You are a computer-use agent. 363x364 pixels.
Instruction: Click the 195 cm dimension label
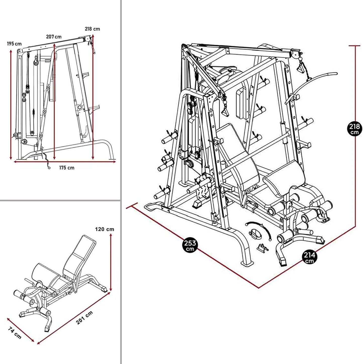pos(14,44)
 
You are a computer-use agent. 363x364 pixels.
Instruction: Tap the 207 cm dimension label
pos(54,37)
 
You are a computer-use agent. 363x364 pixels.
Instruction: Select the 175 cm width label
pos(67,168)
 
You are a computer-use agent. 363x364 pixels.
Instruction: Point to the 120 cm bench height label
pos(105,229)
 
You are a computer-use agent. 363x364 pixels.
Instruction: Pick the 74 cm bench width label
pos(15,332)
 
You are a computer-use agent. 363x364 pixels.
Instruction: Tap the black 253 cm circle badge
pos(190,245)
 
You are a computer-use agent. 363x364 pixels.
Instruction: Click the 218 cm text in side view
pos(92,29)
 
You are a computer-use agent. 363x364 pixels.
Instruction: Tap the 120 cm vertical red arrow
pos(111,261)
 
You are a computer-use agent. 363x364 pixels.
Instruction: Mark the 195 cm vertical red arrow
pos(11,104)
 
